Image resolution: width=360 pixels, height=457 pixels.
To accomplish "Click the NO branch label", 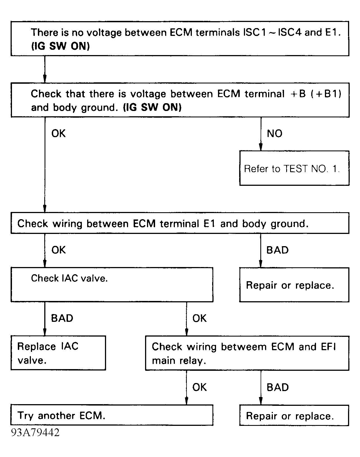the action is [x=275, y=134].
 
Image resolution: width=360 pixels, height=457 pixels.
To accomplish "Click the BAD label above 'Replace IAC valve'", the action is [x=62, y=318].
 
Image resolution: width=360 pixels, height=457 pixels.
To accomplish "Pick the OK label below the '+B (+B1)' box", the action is [x=58, y=133].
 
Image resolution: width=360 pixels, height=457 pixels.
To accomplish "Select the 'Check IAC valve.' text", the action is [x=69, y=278].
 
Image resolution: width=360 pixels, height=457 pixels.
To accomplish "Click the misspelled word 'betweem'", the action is [x=244, y=347].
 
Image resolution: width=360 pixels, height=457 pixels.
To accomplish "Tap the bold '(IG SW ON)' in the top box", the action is [x=61, y=46].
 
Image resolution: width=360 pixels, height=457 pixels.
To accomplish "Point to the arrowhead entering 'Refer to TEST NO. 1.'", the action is [x=261, y=147].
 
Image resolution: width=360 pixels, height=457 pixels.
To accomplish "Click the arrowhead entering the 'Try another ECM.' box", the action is [x=187, y=401].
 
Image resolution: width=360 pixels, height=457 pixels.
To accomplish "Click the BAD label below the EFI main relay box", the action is [x=278, y=387].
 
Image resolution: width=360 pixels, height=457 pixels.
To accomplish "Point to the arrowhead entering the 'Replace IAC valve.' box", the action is [x=45, y=332].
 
